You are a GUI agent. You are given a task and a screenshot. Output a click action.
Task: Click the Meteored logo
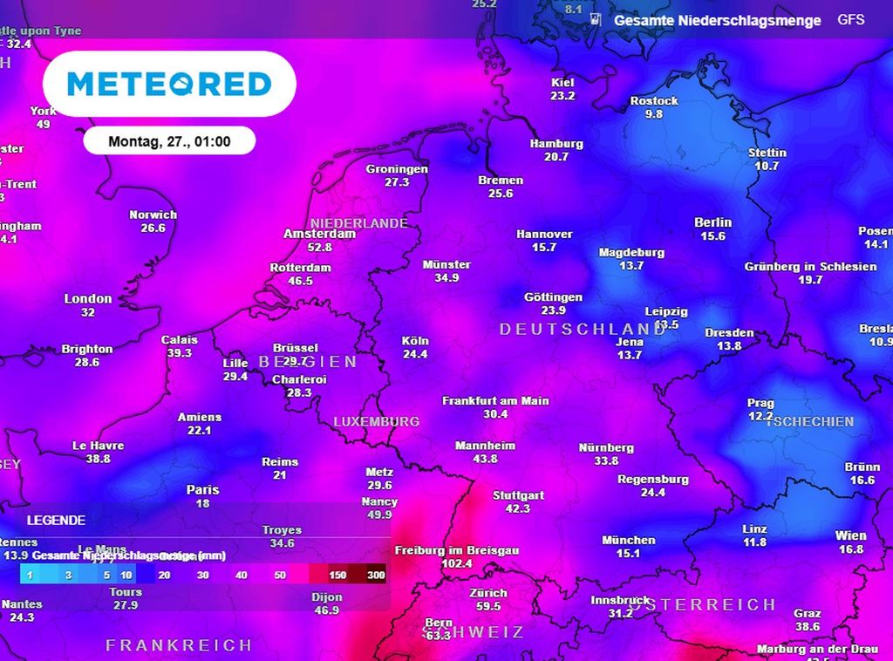[x=169, y=84]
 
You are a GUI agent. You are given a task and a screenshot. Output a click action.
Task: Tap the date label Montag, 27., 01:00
[x=169, y=140]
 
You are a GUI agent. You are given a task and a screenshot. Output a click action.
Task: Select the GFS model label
[x=851, y=19]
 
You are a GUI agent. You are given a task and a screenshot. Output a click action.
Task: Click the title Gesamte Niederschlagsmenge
[x=717, y=20]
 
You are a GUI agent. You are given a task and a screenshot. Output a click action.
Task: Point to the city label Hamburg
[x=556, y=144]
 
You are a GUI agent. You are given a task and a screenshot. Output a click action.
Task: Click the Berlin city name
[x=712, y=222]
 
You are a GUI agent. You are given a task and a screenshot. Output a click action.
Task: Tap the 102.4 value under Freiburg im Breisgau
[x=457, y=564]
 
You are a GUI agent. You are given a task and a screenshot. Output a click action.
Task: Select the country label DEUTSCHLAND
[x=583, y=329]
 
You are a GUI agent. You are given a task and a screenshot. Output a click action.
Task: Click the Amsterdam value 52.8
[x=320, y=248]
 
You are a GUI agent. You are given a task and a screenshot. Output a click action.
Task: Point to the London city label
[x=88, y=298]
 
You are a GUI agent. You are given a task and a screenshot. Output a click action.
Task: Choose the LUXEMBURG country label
[x=377, y=421]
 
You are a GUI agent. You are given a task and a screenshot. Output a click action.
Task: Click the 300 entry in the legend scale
[x=377, y=575]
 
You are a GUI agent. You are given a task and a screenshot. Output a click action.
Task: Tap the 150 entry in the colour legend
[x=337, y=575]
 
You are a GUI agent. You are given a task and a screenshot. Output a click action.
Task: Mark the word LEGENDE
[x=56, y=521]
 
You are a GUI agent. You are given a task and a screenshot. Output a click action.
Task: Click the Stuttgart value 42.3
[x=518, y=508]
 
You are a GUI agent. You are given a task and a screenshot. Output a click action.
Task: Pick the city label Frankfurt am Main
[x=495, y=401]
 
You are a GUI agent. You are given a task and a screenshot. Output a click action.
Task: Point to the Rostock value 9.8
[x=654, y=114]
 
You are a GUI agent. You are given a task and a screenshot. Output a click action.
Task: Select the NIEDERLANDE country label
[x=358, y=223]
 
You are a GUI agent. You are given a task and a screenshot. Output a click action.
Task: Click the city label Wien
[x=850, y=535]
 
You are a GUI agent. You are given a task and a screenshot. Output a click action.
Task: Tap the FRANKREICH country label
[x=179, y=645]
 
